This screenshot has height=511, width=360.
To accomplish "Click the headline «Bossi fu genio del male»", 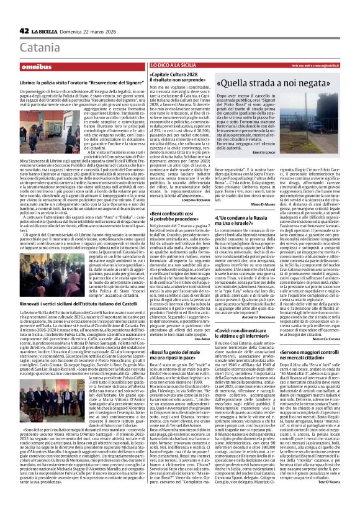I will tap(181, 337).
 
